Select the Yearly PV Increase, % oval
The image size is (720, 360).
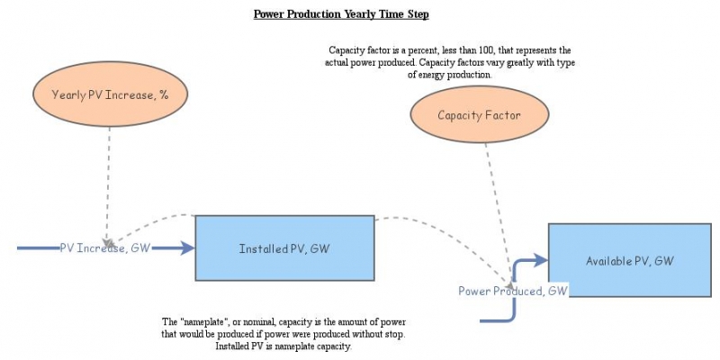111,94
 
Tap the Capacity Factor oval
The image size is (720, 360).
479,115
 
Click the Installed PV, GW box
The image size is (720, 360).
284,248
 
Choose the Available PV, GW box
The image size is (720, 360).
629,260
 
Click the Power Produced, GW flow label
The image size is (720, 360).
513,291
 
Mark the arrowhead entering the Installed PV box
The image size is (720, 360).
188,248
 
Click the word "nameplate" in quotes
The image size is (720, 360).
206,322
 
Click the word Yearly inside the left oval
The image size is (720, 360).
69,94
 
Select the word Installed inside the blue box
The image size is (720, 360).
261,248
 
